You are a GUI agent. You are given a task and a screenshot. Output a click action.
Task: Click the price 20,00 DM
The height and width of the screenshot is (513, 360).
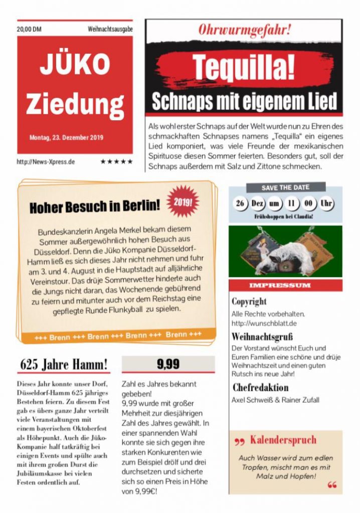(29, 30)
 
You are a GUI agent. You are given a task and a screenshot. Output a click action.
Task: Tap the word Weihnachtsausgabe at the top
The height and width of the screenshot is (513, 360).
(110, 30)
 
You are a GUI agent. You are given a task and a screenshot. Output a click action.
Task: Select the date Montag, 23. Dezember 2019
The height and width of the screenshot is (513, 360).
(66, 137)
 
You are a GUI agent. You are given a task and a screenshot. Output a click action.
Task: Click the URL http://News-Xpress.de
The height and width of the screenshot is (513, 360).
(46, 162)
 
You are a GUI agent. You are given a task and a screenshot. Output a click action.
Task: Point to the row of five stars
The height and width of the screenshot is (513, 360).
(116, 162)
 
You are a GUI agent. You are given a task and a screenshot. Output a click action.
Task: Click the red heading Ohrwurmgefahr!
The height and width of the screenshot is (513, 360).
(244, 29)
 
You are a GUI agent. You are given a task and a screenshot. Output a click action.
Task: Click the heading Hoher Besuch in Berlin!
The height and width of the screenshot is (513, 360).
(95, 205)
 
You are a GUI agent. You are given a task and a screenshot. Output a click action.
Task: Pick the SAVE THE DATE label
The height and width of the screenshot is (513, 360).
(285, 187)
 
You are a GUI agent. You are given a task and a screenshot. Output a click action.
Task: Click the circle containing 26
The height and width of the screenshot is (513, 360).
(241, 204)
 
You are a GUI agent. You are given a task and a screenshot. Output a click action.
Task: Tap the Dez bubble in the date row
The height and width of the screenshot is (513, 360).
(258, 204)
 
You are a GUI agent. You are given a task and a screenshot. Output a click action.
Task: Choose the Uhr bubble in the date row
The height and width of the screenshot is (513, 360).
(326, 204)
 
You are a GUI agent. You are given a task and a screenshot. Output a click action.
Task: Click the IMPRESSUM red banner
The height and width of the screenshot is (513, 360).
(286, 285)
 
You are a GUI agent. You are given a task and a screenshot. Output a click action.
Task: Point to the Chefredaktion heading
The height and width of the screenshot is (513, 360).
(260, 387)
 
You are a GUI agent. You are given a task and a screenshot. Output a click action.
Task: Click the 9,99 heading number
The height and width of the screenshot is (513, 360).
(168, 364)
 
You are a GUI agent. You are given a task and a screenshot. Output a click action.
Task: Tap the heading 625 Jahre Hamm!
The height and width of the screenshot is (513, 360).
(64, 364)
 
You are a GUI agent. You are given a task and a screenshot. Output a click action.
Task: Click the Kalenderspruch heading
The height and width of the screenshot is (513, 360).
(283, 440)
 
